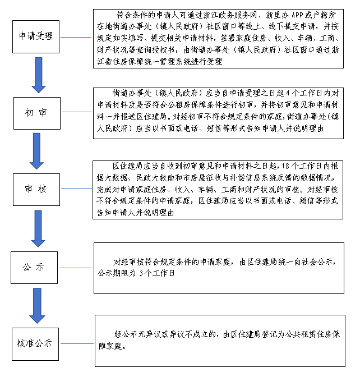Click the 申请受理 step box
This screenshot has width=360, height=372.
(x=36, y=36)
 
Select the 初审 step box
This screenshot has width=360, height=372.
(x=37, y=113)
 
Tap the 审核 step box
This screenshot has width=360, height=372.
(x=36, y=190)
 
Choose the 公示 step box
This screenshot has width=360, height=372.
(x=34, y=268)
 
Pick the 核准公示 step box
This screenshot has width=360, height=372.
(x=35, y=344)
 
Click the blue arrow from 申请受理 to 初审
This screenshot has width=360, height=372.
(x=39, y=75)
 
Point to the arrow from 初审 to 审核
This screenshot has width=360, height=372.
(x=36, y=151)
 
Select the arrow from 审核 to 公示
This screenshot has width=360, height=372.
(x=38, y=228)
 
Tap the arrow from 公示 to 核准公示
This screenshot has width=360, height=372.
(x=37, y=306)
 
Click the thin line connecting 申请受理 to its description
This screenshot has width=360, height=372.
(x=76, y=37)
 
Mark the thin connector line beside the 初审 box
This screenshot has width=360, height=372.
(x=77, y=112)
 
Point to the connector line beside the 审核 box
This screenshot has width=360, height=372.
(x=76, y=188)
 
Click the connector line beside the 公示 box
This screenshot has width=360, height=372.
(x=76, y=268)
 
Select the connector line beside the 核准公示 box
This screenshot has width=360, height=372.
(x=77, y=343)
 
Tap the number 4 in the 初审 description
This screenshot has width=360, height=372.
(x=288, y=93)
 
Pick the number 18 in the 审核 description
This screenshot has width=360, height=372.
(x=285, y=166)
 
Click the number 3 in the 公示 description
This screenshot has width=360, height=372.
(x=141, y=273)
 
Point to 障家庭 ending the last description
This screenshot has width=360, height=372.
(x=110, y=346)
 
